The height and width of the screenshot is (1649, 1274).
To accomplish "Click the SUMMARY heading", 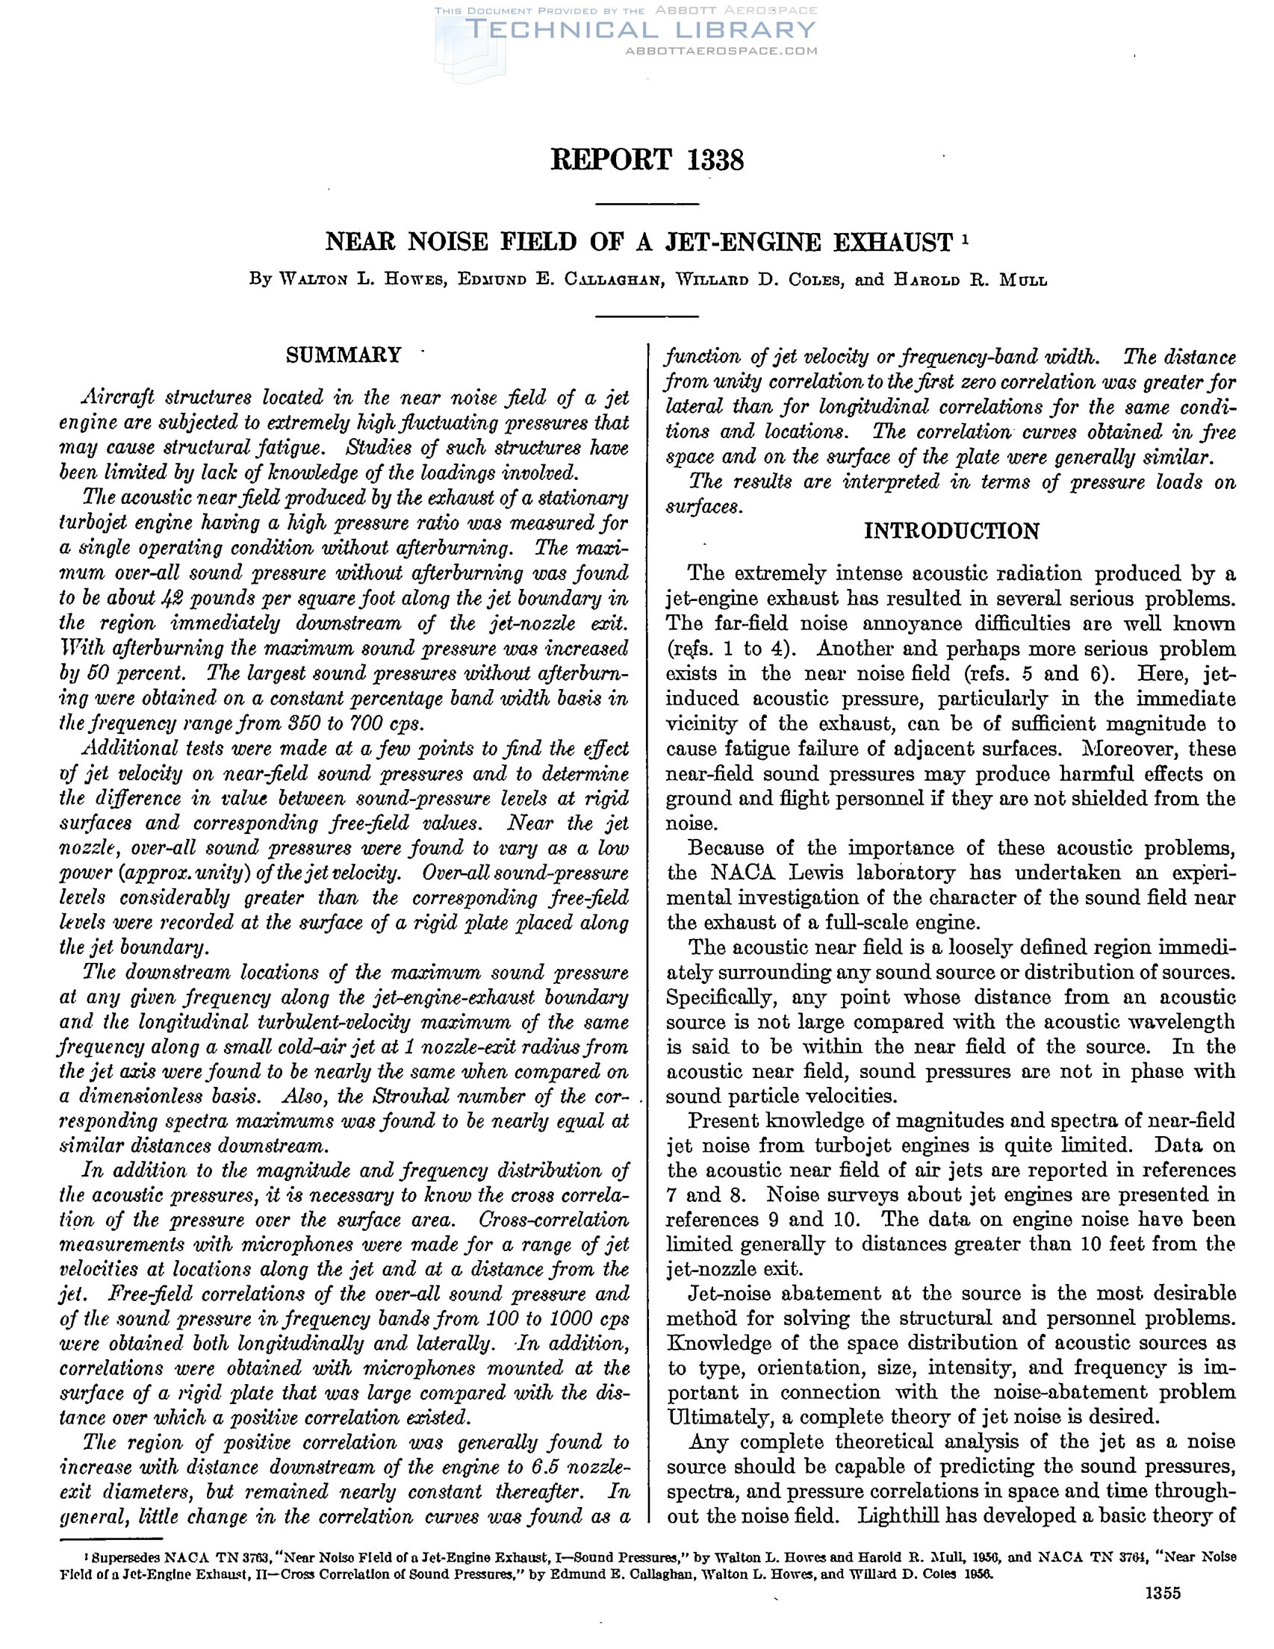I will (x=344, y=355).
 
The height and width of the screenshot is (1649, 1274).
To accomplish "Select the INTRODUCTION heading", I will (x=951, y=531).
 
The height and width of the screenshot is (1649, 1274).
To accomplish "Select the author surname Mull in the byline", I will (x=1023, y=280).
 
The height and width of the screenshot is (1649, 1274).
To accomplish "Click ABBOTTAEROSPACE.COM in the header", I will (x=721, y=52).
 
